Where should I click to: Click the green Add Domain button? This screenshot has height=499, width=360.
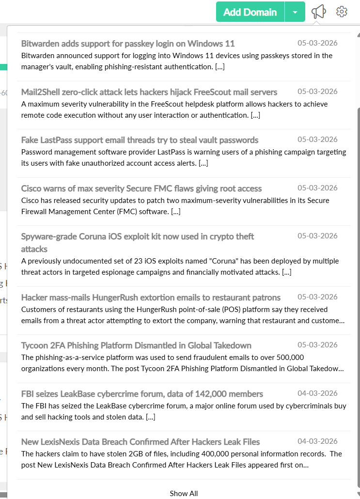pos(250,12)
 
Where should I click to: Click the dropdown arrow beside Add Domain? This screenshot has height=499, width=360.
pos(295,12)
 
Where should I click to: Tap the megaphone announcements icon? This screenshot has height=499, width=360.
pos(318,12)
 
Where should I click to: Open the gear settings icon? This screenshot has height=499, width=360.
pos(342,12)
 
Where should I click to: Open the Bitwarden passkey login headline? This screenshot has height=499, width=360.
pos(128,44)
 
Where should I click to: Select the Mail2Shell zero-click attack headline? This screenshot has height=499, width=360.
pos(149,92)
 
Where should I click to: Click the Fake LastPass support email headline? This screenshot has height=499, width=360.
pos(140,140)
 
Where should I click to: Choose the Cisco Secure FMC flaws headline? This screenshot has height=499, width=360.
pos(141,188)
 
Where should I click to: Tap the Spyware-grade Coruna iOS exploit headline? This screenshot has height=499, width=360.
pos(138,237)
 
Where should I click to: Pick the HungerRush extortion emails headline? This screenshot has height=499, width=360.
pos(151,297)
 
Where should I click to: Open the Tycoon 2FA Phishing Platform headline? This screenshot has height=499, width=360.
pos(136,345)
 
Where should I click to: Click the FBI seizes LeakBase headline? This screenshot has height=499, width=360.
pos(142,394)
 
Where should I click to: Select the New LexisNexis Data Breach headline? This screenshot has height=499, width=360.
pos(141,442)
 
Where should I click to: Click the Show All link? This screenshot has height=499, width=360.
pos(184,493)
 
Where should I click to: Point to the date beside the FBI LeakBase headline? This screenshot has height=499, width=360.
pos(317,393)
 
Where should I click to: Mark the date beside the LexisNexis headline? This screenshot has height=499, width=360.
pos(317,441)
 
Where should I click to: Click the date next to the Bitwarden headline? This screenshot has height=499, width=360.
pos(317,43)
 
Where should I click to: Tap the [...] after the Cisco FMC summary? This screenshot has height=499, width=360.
pos(175,212)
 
